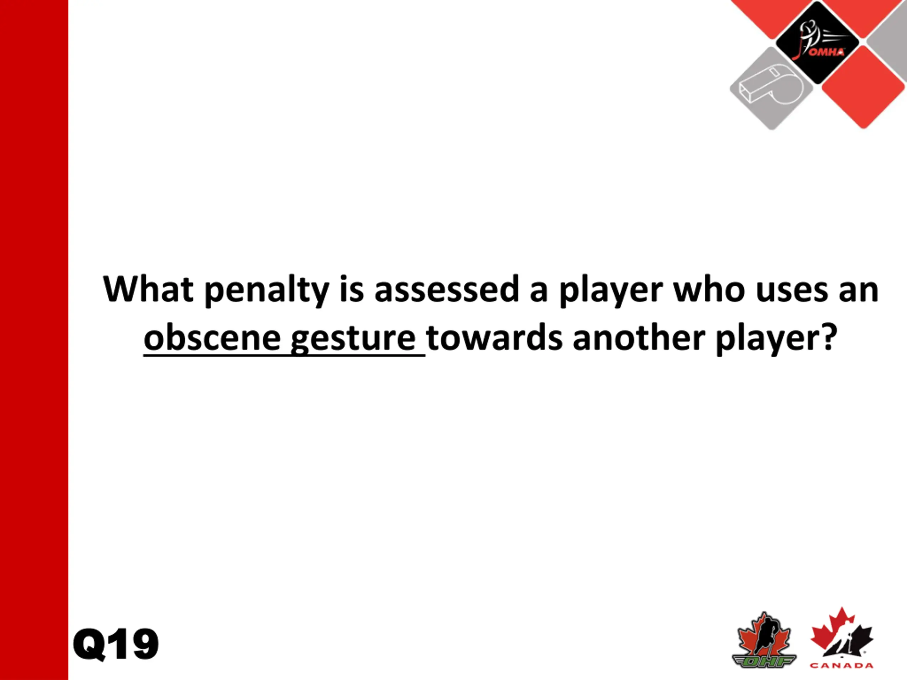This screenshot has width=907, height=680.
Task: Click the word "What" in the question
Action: click(148, 289)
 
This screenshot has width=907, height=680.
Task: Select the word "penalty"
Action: click(266, 291)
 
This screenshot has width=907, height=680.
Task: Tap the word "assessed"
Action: click(447, 289)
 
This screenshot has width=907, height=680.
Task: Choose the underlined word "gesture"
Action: click(353, 340)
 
